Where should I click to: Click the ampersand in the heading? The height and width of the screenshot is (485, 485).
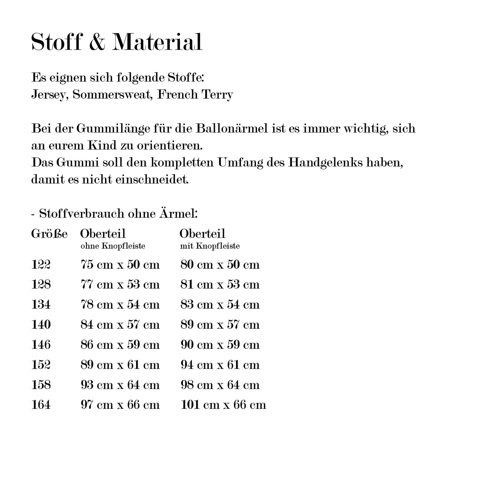pos(97,43)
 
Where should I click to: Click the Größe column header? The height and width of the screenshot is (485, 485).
pos(49,234)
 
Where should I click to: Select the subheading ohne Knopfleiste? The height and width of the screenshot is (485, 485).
pos(113,246)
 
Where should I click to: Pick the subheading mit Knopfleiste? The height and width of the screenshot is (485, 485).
pos(210,246)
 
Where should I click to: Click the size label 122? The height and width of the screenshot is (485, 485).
pos(41,265)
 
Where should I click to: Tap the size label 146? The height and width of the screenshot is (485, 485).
pos(41,345)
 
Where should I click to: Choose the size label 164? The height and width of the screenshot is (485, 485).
pos(41,405)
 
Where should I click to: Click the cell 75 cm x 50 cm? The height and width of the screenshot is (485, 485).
pos(120,265)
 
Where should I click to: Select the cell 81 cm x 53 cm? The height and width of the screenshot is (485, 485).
pos(220,285)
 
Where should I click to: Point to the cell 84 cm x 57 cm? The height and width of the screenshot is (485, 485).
pos(120,325)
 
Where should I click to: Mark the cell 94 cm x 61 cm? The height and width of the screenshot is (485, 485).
pos(220,365)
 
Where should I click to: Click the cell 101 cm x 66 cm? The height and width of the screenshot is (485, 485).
pos(223,405)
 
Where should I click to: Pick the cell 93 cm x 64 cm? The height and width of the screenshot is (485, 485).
pos(120,385)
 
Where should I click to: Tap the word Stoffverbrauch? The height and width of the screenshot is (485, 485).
pos(82,214)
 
